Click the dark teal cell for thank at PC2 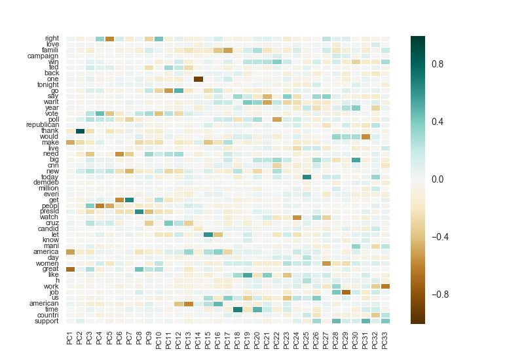tap(80, 130)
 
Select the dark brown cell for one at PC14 tap(198, 79)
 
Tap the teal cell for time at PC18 tap(237, 309)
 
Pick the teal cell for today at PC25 tap(307, 177)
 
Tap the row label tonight tap(48, 84)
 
